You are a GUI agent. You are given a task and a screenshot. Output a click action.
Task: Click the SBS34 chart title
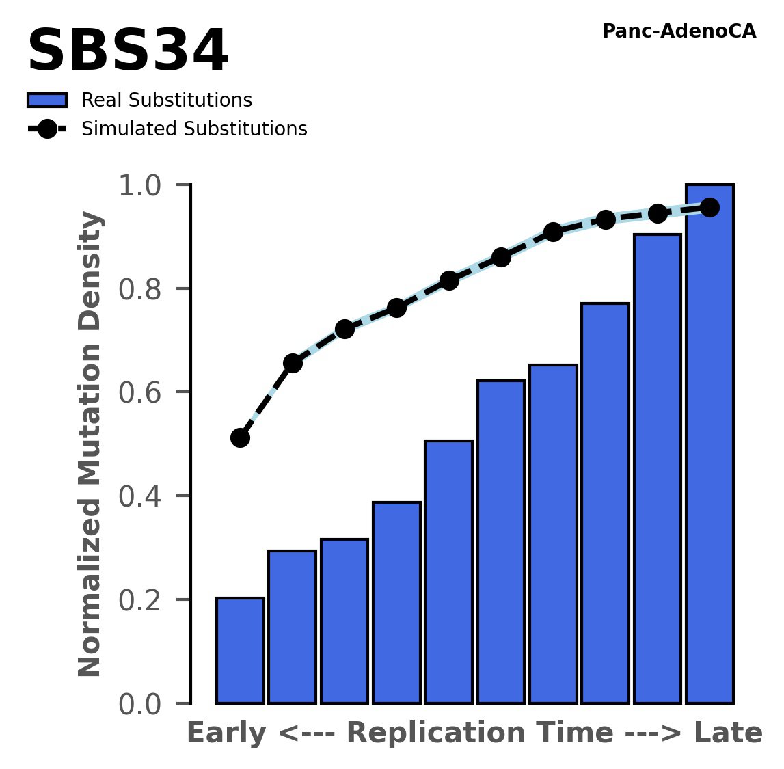pyautogui.click(x=128, y=52)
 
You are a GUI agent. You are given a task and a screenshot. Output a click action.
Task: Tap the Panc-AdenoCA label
pyautogui.click(x=679, y=31)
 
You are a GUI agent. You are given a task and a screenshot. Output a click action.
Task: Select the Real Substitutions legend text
pyautogui.click(x=167, y=100)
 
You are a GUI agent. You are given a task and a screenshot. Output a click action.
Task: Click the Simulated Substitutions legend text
pyautogui.click(x=194, y=129)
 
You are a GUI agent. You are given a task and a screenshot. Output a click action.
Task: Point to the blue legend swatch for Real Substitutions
pyautogui.click(x=47, y=100)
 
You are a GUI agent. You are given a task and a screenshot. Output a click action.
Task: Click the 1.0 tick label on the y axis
pyautogui.click(x=139, y=186)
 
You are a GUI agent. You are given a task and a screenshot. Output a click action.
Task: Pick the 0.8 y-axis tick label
pyautogui.click(x=139, y=290)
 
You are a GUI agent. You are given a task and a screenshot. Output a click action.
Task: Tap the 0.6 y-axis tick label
pyautogui.click(x=139, y=393)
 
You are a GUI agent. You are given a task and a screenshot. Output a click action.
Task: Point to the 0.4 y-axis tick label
pyautogui.click(x=139, y=497)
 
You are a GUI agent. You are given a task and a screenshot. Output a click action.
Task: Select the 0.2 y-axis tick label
pyautogui.click(x=139, y=601)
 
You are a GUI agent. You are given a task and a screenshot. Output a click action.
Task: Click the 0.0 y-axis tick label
pyautogui.click(x=139, y=705)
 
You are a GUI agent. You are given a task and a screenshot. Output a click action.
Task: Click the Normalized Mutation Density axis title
pyautogui.click(x=90, y=444)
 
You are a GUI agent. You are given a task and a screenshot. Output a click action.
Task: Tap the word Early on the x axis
pyautogui.click(x=226, y=734)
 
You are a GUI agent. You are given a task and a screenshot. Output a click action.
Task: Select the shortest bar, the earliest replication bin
pyautogui.click(x=240, y=651)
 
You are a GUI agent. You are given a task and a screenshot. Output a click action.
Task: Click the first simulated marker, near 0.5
pyautogui.click(x=240, y=437)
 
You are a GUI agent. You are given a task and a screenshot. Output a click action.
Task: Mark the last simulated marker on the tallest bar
pyautogui.click(x=709, y=207)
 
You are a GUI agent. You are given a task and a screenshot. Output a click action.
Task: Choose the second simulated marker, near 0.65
pyautogui.click(x=293, y=363)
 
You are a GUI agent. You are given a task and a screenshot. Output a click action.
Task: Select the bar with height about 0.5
pyautogui.click(x=448, y=572)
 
